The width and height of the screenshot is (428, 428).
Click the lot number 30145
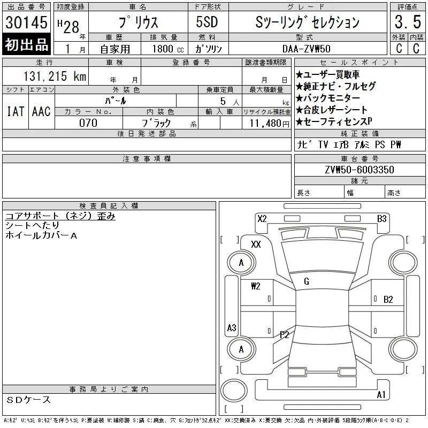coord(26,22)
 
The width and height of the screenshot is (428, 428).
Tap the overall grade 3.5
coord(408,22)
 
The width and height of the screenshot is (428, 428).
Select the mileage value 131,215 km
coord(55,76)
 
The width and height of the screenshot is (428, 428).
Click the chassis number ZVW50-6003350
coord(360,170)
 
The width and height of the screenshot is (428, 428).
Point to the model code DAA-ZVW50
coord(306,49)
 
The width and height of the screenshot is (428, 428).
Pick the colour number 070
coord(88,123)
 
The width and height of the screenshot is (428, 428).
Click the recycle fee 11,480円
coord(270,124)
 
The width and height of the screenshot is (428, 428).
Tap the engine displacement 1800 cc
coord(168,49)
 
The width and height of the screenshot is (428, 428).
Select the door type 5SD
coord(207,22)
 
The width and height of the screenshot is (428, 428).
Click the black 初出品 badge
coord(26,44)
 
